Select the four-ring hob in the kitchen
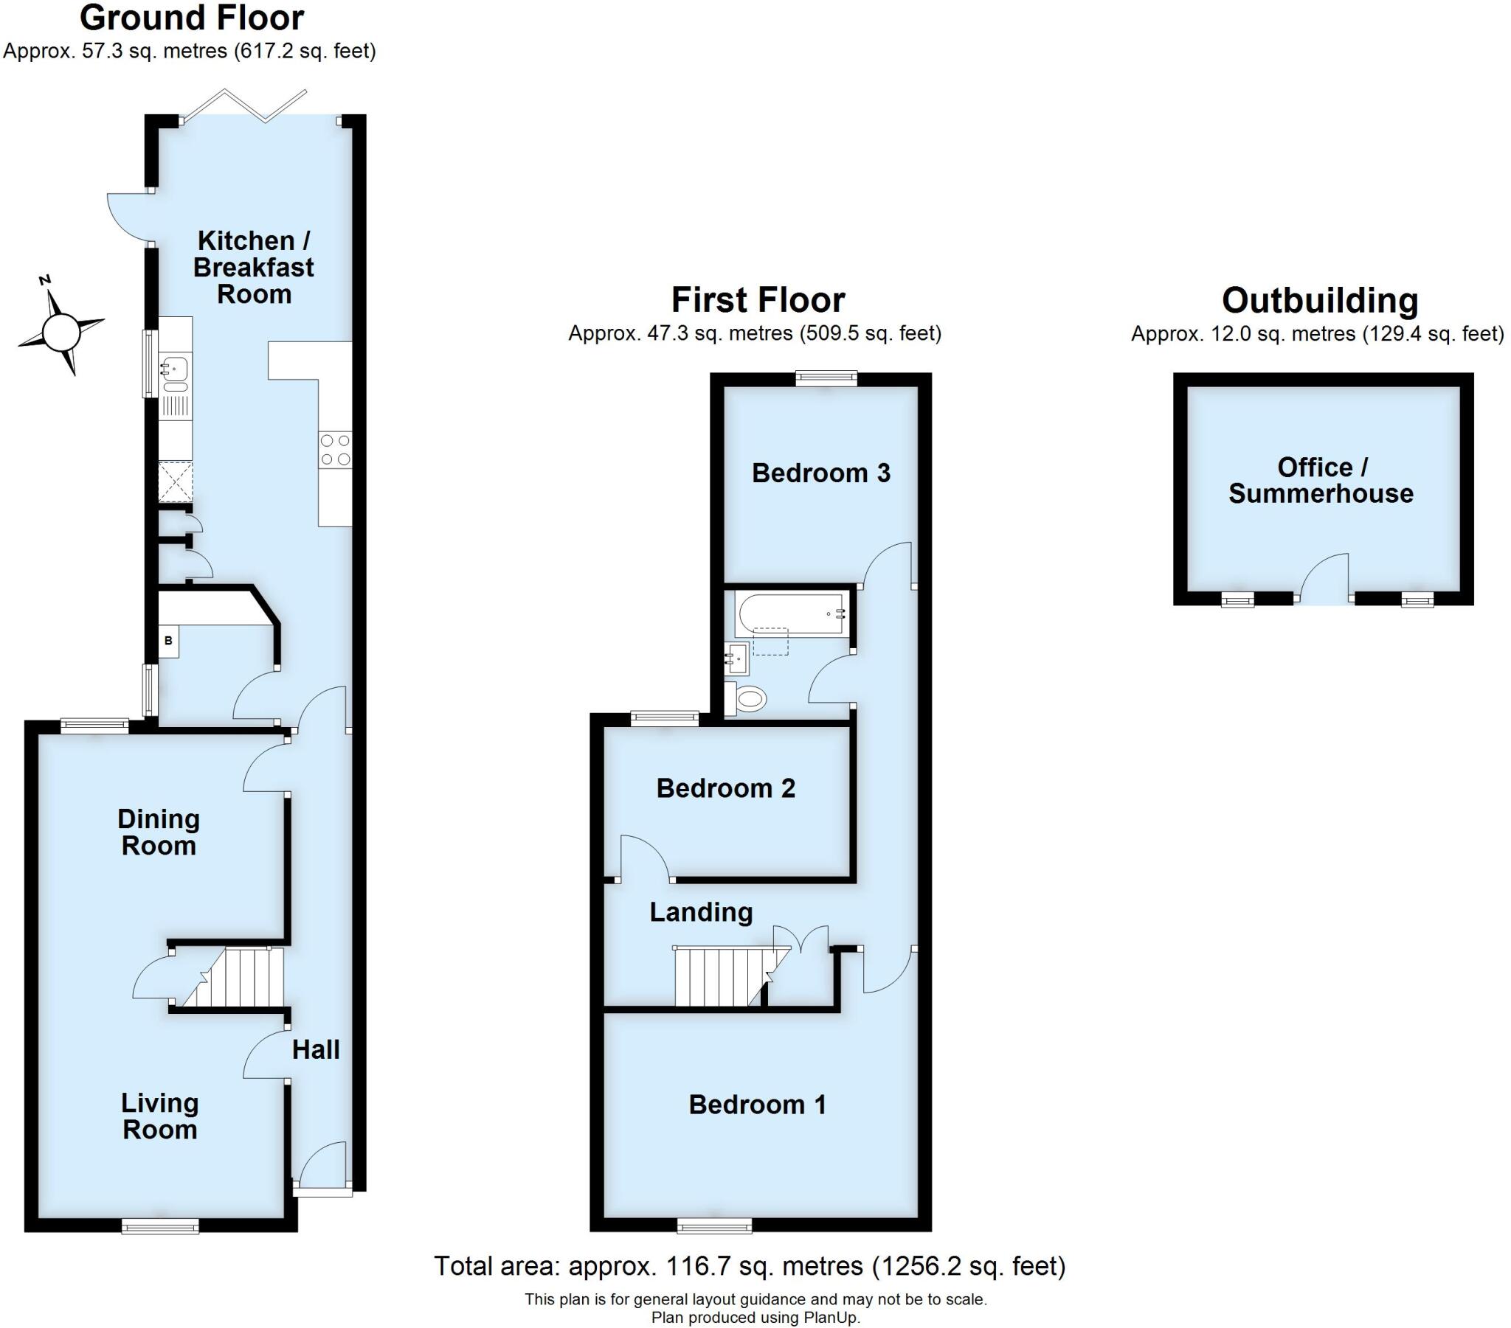click(x=335, y=449)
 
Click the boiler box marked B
click(x=168, y=641)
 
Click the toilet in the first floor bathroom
click(x=747, y=698)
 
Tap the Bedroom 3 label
click(x=820, y=473)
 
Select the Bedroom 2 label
click(x=725, y=788)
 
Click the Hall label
click(x=316, y=1049)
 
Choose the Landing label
click(x=701, y=912)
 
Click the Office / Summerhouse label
click(x=1320, y=480)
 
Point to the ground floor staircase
click(x=244, y=978)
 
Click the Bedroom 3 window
click(x=826, y=378)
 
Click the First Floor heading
click(x=758, y=300)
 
